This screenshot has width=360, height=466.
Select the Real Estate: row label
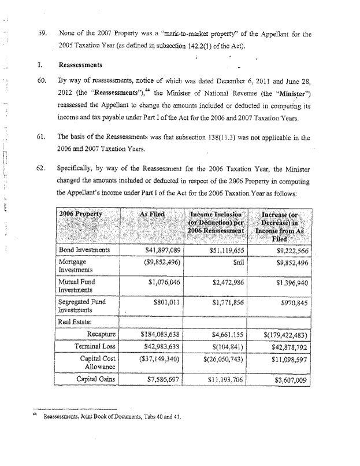pos(78,322)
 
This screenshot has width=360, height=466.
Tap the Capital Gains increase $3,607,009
pos(287,380)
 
